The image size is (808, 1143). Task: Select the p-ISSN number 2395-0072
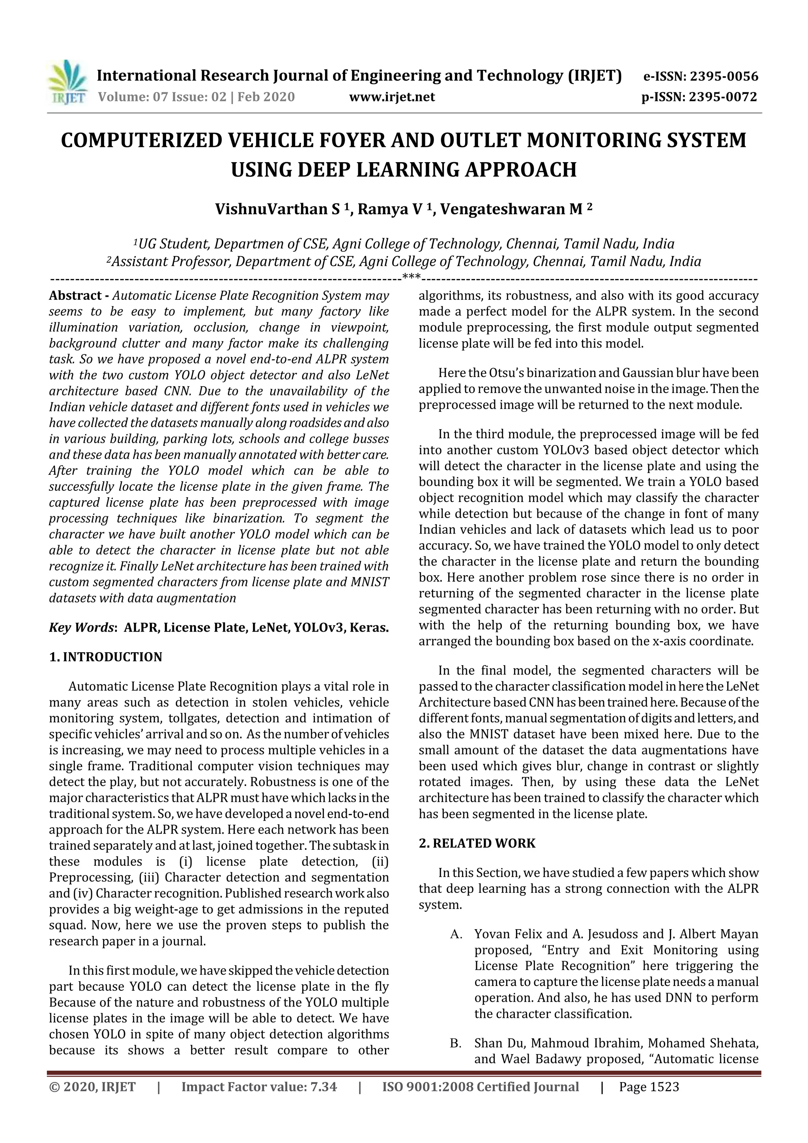click(723, 97)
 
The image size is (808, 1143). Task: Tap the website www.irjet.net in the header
click(392, 97)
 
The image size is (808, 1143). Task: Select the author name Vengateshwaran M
click(511, 209)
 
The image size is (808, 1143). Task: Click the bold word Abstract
click(75, 296)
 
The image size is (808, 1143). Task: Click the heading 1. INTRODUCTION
click(106, 657)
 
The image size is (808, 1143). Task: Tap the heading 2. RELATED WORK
click(477, 843)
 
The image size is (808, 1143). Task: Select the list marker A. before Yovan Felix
click(456, 934)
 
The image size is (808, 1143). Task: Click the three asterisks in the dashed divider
click(411, 277)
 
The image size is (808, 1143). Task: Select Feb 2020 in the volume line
click(266, 97)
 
